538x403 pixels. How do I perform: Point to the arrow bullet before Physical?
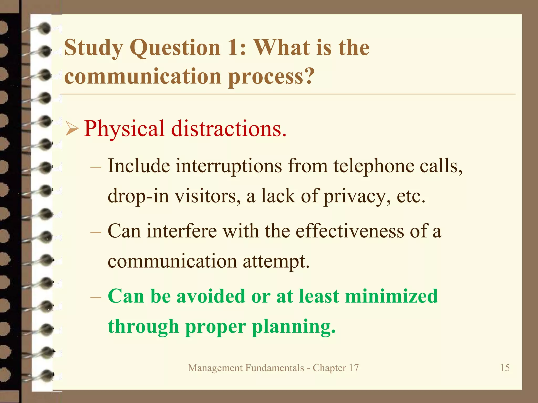(x=72, y=129)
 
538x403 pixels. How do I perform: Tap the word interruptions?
(x=229, y=166)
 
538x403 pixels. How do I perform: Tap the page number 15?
(x=505, y=368)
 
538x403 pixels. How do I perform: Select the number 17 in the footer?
(x=354, y=368)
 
